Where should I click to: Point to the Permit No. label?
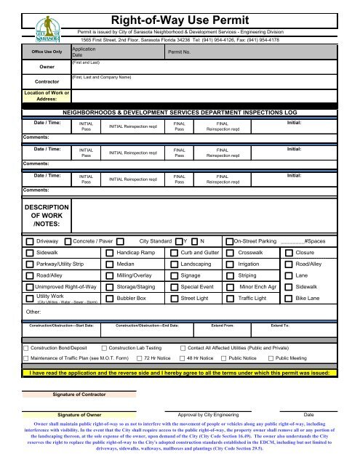pyautogui.click(x=179, y=54)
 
